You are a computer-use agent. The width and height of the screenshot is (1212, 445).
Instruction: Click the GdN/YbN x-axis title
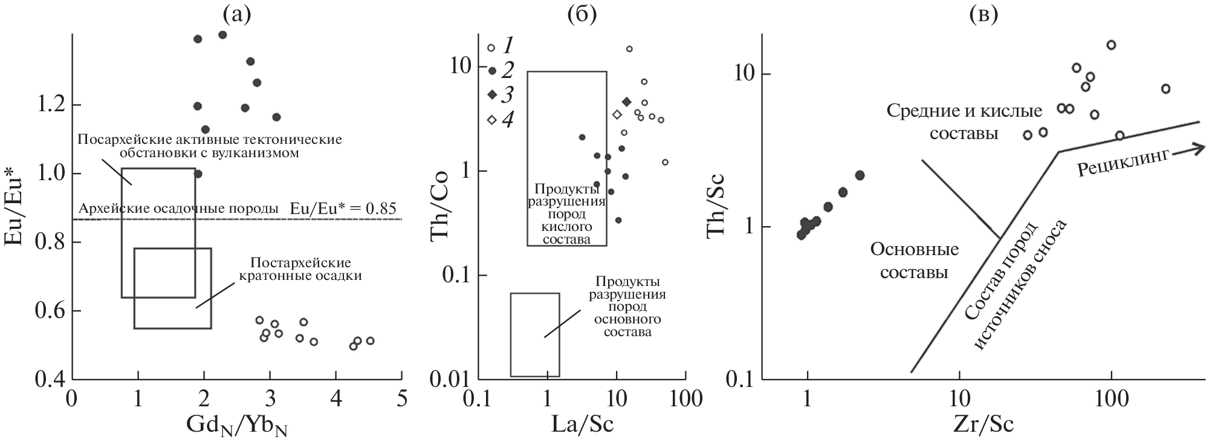[236, 426]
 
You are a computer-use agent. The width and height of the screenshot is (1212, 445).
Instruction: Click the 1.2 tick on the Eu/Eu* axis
[51, 105]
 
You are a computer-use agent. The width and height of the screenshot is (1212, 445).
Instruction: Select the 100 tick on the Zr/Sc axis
[1111, 400]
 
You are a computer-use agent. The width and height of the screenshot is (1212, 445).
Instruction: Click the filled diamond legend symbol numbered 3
[492, 94]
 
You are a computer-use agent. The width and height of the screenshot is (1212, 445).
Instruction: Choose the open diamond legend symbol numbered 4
[492, 120]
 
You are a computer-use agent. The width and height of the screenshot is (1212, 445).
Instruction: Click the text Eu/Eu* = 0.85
[343, 209]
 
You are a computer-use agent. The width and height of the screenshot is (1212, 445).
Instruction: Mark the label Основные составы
[914, 261]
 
